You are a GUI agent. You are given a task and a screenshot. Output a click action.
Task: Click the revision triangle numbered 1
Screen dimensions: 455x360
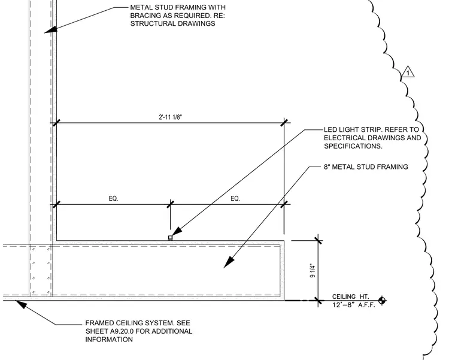point(408,72)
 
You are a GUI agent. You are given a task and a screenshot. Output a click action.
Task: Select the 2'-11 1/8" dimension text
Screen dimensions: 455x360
point(171,117)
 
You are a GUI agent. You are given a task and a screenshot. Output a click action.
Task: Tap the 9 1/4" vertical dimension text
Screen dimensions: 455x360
point(313,270)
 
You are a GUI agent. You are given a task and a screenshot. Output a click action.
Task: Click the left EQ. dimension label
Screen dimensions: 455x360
point(114,199)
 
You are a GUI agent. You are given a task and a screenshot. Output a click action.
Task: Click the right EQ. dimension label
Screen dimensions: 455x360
point(235,199)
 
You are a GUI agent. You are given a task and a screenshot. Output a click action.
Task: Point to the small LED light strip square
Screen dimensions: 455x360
point(171,237)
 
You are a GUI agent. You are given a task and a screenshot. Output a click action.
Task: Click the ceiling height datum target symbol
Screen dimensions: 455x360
point(382,301)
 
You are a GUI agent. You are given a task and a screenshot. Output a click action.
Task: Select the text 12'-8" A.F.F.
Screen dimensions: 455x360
point(354,305)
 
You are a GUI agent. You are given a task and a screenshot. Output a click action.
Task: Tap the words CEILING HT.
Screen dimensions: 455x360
point(351,297)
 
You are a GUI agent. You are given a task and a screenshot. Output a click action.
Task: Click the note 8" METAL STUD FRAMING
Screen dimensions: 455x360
point(366,167)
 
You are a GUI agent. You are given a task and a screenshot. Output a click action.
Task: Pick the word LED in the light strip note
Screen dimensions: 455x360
point(330,129)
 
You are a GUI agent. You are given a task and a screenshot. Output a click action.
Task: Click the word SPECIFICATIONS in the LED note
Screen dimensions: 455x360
point(353,146)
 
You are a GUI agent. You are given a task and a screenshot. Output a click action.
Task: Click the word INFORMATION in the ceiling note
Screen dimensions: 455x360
point(109,340)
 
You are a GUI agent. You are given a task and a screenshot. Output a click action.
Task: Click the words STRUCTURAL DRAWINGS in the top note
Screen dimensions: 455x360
point(172,23)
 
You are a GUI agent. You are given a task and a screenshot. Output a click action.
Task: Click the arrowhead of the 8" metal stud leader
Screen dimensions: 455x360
point(229,262)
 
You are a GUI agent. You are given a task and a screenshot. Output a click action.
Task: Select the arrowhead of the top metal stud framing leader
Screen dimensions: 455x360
point(50,29)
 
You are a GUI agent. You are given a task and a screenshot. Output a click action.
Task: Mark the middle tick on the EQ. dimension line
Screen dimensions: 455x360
point(171,204)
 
